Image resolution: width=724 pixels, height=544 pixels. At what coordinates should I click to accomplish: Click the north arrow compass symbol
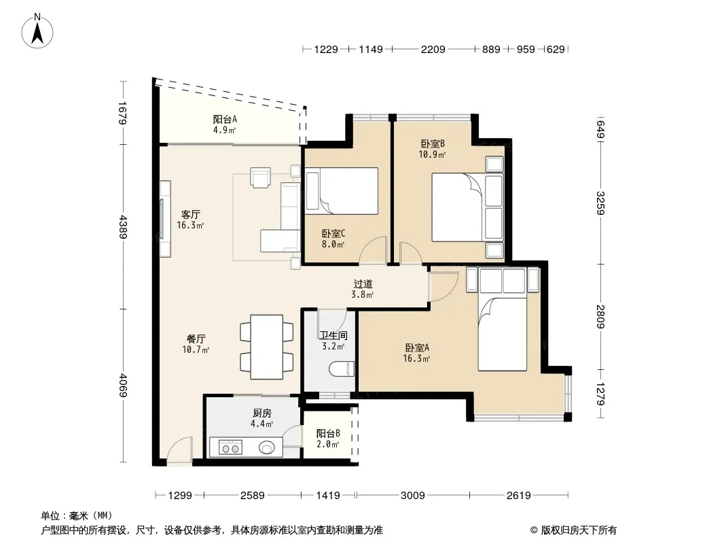[x=37, y=31]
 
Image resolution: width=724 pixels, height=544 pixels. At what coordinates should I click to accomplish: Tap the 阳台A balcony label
[x=225, y=119]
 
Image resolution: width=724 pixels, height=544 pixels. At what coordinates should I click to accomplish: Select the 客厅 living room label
[x=190, y=214]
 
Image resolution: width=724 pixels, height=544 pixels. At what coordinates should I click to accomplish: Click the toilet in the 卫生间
[x=342, y=369]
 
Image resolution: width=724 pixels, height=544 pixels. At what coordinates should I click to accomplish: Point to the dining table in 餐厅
[x=266, y=347]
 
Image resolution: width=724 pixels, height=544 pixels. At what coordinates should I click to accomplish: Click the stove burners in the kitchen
[x=230, y=447]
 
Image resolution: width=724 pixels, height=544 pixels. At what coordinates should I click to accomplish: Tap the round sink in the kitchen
[x=267, y=447]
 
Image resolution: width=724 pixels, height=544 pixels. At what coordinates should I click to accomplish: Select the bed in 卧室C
[x=341, y=190]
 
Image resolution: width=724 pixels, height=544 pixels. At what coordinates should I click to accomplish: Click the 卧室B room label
[x=433, y=143]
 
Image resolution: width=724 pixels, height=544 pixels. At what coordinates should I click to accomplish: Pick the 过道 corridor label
[x=363, y=284]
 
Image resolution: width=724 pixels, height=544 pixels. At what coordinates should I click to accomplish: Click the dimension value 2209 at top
[x=433, y=49]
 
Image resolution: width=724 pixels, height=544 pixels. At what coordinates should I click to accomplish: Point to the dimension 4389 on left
[x=123, y=226]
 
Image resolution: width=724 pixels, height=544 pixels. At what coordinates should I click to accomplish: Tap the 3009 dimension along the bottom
[x=413, y=496]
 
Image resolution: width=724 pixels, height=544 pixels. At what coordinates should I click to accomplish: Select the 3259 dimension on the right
[x=600, y=203]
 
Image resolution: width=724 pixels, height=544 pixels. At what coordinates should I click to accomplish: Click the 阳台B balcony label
[x=328, y=434]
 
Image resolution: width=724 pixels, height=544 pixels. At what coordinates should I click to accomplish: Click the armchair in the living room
[x=261, y=177]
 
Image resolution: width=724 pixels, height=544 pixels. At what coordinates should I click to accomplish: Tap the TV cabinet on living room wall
[x=165, y=218]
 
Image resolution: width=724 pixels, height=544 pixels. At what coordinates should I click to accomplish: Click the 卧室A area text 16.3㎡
[x=416, y=358]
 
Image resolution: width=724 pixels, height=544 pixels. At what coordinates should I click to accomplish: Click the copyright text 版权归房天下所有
[x=579, y=530]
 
